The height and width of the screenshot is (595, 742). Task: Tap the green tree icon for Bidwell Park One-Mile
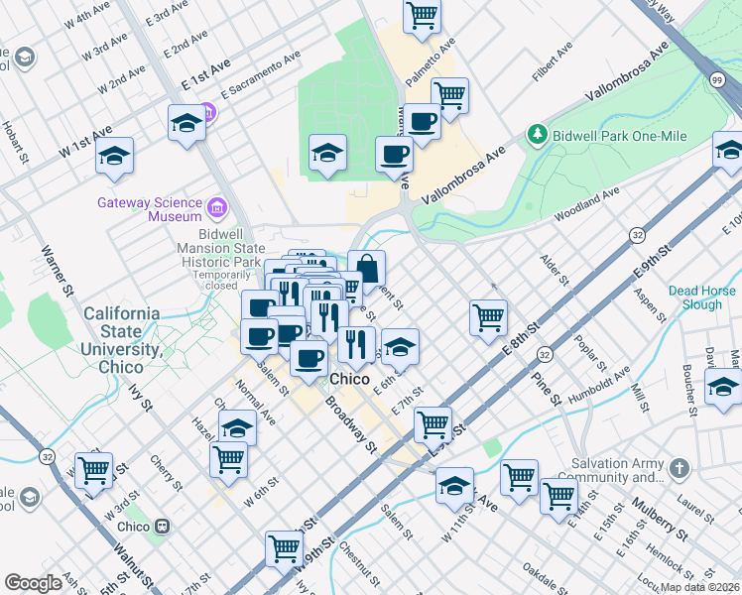[x=537, y=133]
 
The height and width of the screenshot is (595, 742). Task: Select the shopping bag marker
[x=367, y=268]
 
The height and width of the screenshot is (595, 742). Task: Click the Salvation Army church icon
[x=679, y=466]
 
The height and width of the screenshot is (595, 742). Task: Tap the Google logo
[x=33, y=583]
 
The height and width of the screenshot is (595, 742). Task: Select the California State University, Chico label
[x=122, y=332]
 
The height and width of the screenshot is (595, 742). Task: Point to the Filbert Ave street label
[x=553, y=61]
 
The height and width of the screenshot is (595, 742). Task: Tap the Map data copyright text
[x=700, y=587]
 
